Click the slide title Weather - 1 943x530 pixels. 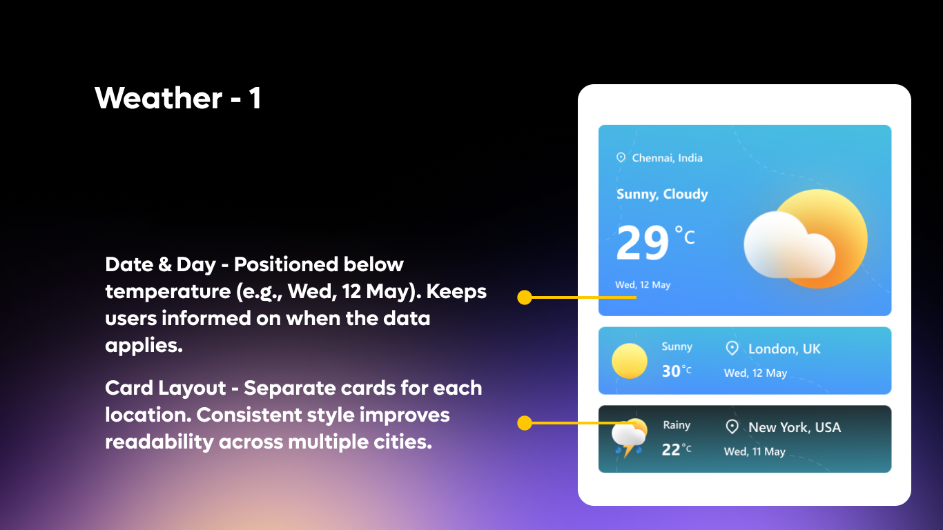[x=178, y=98]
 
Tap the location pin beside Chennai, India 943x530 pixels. [x=621, y=158]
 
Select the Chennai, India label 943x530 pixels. [x=667, y=158]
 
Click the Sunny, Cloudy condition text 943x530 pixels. [x=662, y=195]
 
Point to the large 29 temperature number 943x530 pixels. [x=643, y=244]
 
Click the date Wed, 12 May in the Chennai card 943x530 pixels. [x=643, y=285]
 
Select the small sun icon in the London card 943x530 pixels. [x=630, y=361]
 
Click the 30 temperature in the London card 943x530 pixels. [x=671, y=371]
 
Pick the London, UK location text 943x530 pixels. [x=784, y=349]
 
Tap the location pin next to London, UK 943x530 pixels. [x=732, y=349]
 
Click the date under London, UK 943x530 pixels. [x=755, y=373]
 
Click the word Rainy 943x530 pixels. [x=677, y=426]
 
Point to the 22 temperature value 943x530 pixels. [x=671, y=450]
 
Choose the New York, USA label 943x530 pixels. [x=794, y=428]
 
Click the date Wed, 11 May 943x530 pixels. [x=755, y=452]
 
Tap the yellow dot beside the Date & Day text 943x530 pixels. [x=525, y=297]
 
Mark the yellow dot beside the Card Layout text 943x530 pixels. [x=525, y=422]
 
